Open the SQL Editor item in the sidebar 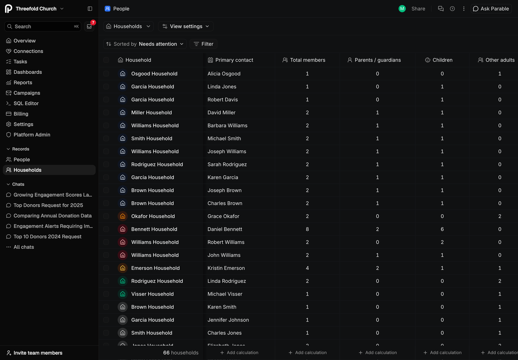tap(26, 103)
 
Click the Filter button tap(203, 44)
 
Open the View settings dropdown tap(186, 26)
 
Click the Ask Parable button tap(491, 9)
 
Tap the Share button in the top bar tap(418, 9)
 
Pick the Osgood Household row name tap(154, 74)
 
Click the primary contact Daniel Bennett tap(225, 229)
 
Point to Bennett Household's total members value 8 tap(307, 229)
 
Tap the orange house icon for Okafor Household tap(123, 216)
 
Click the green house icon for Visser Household tap(123, 294)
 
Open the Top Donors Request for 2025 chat tap(48, 205)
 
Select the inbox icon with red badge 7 tap(89, 27)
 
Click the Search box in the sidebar tap(43, 27)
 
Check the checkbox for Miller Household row tap(106, 113)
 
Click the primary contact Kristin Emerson tap(226, 268)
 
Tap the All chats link tap(24, 247)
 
